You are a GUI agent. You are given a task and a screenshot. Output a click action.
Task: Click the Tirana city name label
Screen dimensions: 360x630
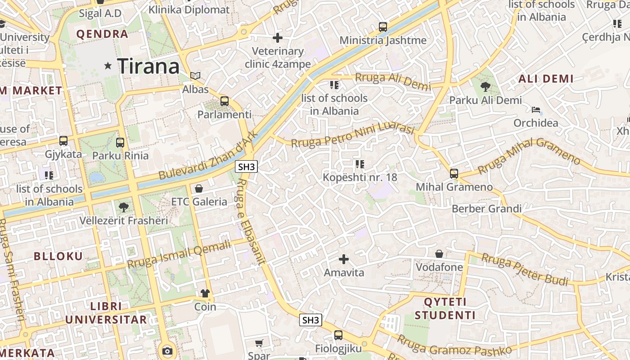click(x=148, y=66)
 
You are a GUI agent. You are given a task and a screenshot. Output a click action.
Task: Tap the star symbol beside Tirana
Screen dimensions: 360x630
click(x=108, y=66)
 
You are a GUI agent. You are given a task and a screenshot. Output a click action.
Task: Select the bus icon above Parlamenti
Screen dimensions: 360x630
click(x=225, y=101)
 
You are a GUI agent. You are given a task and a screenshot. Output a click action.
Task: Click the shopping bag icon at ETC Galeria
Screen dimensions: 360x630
click(x=199, y=188)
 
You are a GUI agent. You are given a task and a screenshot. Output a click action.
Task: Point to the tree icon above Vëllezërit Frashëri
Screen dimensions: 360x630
click(x=123, y=207)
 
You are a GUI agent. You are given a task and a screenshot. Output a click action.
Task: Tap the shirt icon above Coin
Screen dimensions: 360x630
click(x=205, y=293)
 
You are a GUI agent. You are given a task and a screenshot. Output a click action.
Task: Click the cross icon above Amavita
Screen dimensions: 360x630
click(x=344, y=259)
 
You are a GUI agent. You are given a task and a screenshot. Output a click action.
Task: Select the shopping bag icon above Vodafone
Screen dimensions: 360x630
click(x=439, y=254)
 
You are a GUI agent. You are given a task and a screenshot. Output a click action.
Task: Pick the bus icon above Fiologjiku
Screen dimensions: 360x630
click(x=338, y=335)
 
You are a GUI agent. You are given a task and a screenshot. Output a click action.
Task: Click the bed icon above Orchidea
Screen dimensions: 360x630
click(x=535, y=109)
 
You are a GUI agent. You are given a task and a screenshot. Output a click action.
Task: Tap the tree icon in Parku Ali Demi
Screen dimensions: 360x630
click(x=485, y=87)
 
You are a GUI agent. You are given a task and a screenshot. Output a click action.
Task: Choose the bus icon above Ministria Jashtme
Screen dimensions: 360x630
click(x=382, y=27)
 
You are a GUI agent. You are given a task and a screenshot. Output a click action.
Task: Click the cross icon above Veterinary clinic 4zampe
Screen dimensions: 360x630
click(x=278, y=38)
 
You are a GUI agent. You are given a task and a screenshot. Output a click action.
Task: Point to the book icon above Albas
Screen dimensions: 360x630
click(x=195, y=76)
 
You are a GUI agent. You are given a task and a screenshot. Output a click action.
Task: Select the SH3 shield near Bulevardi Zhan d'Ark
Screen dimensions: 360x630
click(x=247, y=167)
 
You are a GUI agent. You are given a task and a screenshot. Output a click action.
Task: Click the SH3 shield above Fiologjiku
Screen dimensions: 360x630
click(x=311, y=320)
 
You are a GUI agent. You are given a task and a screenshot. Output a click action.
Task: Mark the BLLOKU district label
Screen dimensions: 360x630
click(x=58, y=256)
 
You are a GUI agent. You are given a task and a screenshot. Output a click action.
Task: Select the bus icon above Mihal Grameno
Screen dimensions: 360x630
click(x=454, y=173)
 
